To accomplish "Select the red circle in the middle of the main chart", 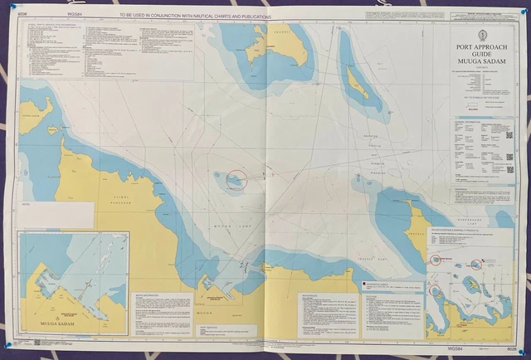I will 236,178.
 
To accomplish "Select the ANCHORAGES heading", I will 315,294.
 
